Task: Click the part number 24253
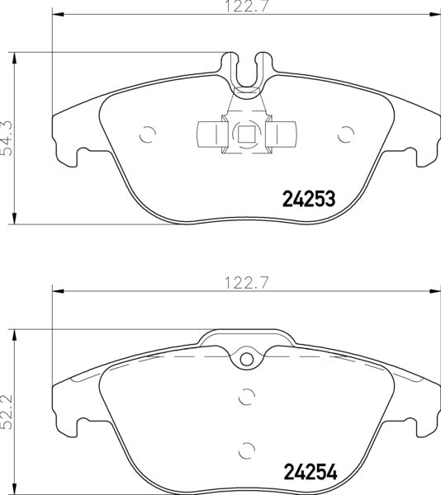point(308,199)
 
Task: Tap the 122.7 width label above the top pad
point(244,8)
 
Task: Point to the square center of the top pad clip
point(245,133)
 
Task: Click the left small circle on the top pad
point(148,133)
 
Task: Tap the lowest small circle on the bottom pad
point(245,450)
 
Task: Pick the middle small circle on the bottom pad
point(245,396)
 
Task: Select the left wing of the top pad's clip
point(207,133)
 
